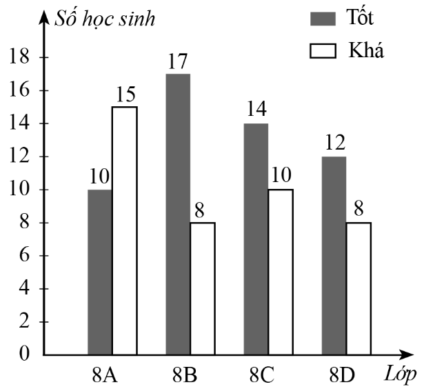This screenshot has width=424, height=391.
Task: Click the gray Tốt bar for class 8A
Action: coord(100,272)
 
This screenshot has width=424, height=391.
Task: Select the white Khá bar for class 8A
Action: coord(125,231)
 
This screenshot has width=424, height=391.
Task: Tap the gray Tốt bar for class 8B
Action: coord(178,214)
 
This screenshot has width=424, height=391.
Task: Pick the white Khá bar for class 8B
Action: coord(203,289)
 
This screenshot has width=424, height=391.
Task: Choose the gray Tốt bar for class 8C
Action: coord(256,239)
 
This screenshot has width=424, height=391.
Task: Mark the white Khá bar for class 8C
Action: coord(281,272)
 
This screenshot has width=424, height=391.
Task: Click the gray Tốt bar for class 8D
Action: coord(334,256)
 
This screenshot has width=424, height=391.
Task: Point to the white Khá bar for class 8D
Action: coord(359,289)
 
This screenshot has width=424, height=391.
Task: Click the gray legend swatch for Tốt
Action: coord(323,17)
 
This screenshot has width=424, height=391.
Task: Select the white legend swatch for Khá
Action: coord(323,50)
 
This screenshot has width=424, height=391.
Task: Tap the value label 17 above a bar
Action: coord(178,61)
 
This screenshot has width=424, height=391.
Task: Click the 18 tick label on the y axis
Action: coord(21,58)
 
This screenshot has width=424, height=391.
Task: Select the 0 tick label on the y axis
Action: coord(26,355)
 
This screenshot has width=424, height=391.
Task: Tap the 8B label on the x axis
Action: coord(185,376)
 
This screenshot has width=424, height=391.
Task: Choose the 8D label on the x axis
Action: coord(341,376)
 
